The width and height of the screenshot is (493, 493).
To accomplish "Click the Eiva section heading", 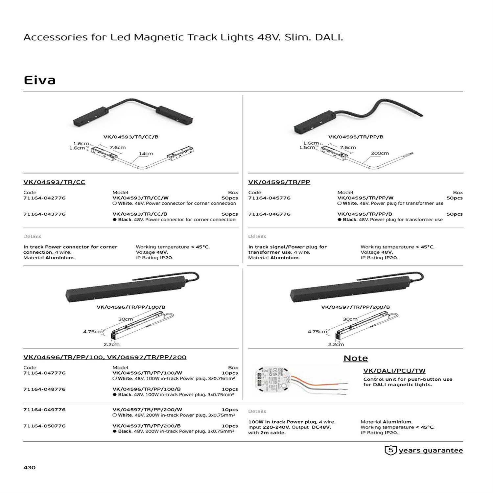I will tap(39, 80).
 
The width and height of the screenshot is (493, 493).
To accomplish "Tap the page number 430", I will tap(30, 467).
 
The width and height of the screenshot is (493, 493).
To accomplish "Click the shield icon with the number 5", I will tap(390, 450).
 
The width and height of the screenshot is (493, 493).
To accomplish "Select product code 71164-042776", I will tap(44, 198).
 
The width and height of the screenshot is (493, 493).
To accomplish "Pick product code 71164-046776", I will tap(269, 214).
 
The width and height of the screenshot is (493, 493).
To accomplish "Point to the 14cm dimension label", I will tap(146, 153).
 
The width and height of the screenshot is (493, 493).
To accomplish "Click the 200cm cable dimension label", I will tap(380, 153).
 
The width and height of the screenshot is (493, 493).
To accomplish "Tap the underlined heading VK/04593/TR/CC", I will tap(54, 182).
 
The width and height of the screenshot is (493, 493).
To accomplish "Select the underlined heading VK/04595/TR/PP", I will tap(279, 182).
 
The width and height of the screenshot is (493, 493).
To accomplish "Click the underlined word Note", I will tap(356, 358).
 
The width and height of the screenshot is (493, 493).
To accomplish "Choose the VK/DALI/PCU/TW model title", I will tap(394, 371).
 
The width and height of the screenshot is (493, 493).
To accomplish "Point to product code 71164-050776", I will tap(44, 426).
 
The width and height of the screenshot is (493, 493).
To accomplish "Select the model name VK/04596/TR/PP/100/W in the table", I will tap(147, 373).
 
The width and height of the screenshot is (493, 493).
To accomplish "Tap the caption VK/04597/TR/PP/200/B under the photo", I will tap(355, 307).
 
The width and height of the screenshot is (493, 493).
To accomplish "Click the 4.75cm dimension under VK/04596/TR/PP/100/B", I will tap(93, 332).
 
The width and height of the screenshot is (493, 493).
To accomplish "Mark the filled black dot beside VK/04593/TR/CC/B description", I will tap(115, 220).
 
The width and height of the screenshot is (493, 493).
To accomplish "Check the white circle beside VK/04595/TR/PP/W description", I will tap(340, 203).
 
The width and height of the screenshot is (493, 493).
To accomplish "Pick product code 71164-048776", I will tap(44, 389).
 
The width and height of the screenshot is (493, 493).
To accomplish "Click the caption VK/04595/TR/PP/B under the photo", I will tap(356, 137).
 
